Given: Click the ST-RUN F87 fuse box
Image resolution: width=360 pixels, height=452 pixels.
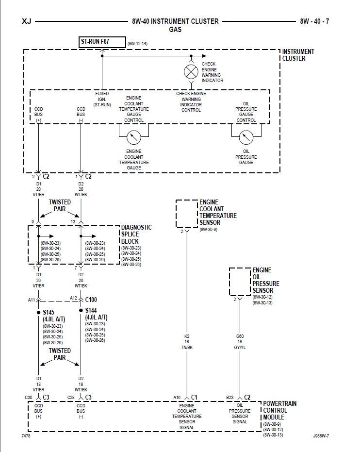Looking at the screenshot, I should tap(102, 42).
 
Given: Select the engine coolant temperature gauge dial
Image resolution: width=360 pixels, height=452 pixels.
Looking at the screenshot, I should tap(133, 137).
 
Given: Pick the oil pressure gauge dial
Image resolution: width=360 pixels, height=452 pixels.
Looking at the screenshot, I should tap(246, 137).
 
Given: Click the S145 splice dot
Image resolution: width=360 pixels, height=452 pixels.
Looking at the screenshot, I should tap(38, 312).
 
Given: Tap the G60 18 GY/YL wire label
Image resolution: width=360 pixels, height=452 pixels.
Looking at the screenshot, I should tap(239, 342).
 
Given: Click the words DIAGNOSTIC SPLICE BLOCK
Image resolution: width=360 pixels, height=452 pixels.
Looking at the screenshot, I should tap(136, 234).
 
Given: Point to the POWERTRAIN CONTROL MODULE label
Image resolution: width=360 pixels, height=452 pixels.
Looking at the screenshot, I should tap(280, 410).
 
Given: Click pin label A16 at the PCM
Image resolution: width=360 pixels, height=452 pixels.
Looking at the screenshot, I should tap(177, 398).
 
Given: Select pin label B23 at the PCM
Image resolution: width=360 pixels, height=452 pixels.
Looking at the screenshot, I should tap(230, 398).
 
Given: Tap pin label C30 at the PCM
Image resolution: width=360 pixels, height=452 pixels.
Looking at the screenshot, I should tap(29, 398).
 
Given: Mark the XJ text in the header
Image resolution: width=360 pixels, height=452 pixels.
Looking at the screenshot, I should tap(27, 21).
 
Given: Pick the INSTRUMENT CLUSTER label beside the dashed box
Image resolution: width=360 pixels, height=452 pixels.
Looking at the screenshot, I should tap(298, 55).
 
